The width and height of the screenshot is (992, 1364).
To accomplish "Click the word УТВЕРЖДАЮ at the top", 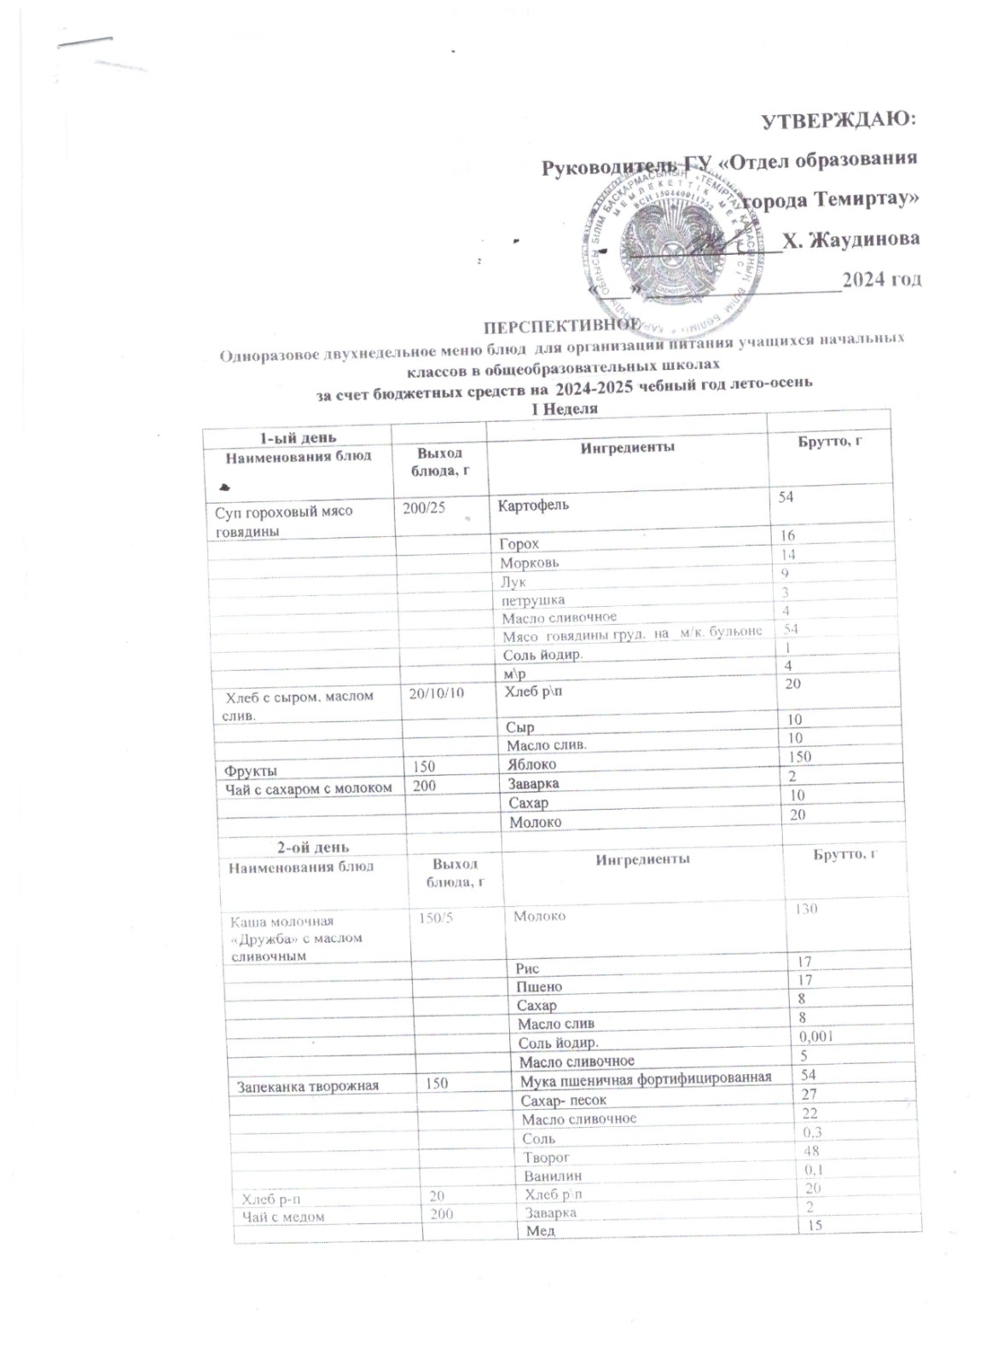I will point(838,119).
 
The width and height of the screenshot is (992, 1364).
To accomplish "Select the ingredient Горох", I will point(520,543).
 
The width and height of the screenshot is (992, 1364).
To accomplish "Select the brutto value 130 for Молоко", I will point(806,909).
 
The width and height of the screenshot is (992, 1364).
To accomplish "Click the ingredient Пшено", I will point(539,986).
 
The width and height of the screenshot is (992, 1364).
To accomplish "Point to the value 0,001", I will point(815,1036).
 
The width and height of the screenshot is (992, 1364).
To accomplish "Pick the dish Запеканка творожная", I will point(307,1086).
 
